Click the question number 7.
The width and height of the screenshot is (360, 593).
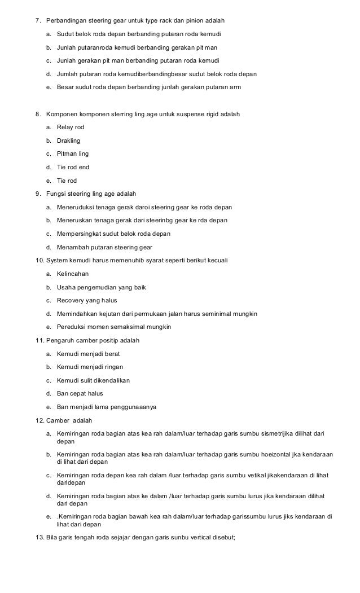pyautogui.click(x=38, y=21)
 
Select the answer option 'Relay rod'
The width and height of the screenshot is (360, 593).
pyautogui.click(x=70, y=128)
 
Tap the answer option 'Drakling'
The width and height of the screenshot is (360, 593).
pyautogui.click(x=69, y=140)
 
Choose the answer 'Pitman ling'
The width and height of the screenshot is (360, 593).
pyautogui.click(x=72, y=153)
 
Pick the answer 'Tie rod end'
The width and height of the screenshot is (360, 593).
pyautogui.click(x=73, y=167)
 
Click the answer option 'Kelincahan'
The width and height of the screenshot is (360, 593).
pyautogui.click(x=73, y=273)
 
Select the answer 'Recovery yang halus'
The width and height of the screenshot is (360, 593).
pyautogui.click(x=86, y=300)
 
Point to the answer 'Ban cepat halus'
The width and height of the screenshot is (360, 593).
pyautogui.click(x=80, y=393)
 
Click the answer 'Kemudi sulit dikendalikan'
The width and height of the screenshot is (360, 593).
pyautogui.click(x=93, y=380)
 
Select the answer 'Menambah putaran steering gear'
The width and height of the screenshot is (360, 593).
pyautogui.click(x=104, y=247)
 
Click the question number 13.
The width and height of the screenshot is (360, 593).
pyautogui.click(x=39, y=537)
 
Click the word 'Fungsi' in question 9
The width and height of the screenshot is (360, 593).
pyautogui.click(x=55, y=194)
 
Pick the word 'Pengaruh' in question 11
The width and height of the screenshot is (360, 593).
pyautogui.click(x=60, y=340)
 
